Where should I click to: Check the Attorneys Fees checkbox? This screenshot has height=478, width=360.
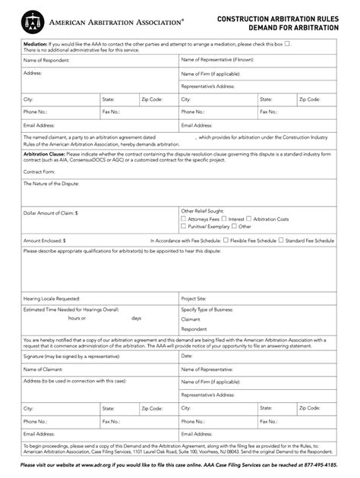pyautogui.click(x=183, y=219)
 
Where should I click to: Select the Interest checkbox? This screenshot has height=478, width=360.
pyautogui.click(x=223, y=219)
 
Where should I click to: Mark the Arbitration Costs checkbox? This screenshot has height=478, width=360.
pyautogui.click(x=248, y=219)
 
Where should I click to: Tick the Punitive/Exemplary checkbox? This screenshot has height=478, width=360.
pyautogui.click(x=183, y=226)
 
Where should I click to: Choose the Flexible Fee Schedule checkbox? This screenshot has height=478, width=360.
pyautogui.click(x=225, y=240)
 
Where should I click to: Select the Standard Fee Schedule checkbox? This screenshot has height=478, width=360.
pyautogui.click(x=279, y=240)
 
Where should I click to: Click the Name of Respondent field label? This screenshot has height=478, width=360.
pyautogui.click(x=43, y=59)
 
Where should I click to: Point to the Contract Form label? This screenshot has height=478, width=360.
pyautogui.click(x=39, y=171)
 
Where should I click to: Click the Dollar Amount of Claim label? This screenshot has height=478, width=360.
pyautogui.click(x=51, y=215)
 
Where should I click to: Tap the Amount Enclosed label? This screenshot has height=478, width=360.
pyautogui.click(x=45, y=240)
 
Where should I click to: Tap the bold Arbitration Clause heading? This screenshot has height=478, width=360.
pyautogui.click(x=43, y=152)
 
